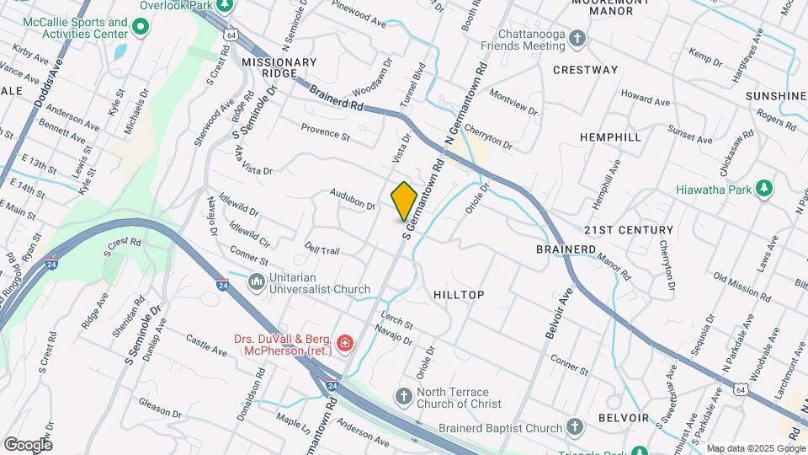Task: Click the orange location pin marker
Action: (404, 201)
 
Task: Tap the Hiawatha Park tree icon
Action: (763, 189)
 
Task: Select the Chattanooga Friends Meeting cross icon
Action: (577, 38)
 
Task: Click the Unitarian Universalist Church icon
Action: (257, 281)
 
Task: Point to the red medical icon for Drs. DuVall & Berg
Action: (343, 343)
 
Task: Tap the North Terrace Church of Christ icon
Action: (404, 395)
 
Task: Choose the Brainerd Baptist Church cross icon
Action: (575, 426)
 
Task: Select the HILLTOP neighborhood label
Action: (459, 295)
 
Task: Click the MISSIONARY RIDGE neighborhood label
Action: (279, 68)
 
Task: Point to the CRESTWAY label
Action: (585, 70)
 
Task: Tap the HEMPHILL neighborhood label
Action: (610, 136)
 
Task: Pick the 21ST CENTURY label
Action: (629, 230)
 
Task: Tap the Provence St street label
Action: (326, 132)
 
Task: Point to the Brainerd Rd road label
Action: (336, 99)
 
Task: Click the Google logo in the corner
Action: (28, 445)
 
